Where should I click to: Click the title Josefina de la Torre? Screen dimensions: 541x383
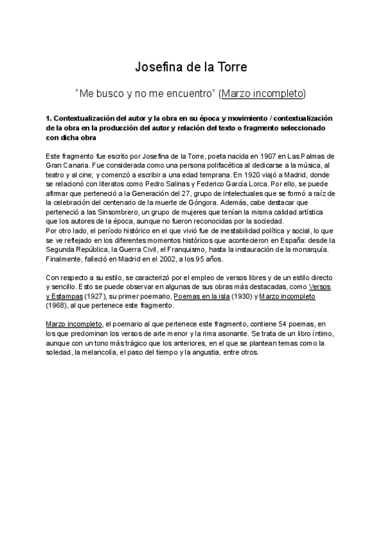tap(191, 66)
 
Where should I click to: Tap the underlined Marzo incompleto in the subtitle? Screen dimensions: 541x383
tap(262, 94)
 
